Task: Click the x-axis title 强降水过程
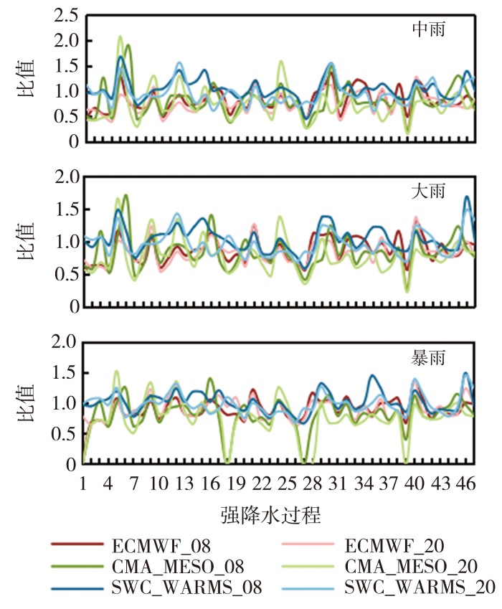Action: tap(271, 514)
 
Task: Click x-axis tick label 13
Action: tap(185, 483)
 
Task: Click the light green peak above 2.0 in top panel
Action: tap(120, 37)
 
